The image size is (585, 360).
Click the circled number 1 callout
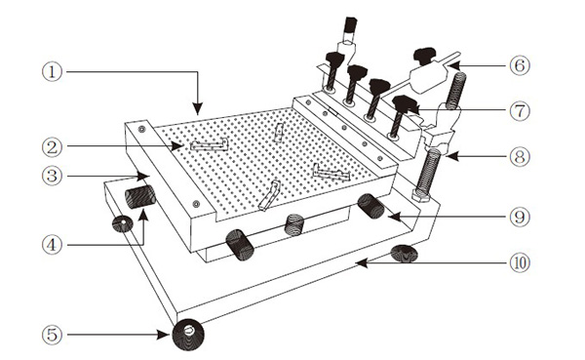tap(52, 71)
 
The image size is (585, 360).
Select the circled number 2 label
tap(52, 146)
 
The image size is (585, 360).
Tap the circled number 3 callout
tap(52, 176)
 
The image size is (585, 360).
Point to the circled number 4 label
tap(52, 245)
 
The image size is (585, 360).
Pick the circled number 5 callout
tap(52, 335)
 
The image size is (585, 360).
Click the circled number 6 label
tap(520, 65)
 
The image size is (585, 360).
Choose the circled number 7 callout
tap(520, 111)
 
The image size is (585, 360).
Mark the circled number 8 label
tap(520, 156)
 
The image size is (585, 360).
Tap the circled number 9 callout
tap(520, 217)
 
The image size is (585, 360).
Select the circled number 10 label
tap(520, 262)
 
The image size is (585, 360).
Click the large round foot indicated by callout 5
tap(188, 335)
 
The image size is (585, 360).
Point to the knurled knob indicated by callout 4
tap(139, 196)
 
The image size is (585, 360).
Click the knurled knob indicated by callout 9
tap(370, 206)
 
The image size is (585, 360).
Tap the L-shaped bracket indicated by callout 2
tap(210, 145)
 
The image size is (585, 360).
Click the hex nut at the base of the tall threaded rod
tap(421, 195)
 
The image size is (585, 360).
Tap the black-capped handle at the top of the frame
tap(351, 24)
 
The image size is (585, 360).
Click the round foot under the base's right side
tap(404, 254)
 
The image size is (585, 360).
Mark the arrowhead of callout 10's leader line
tap(362, 263)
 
